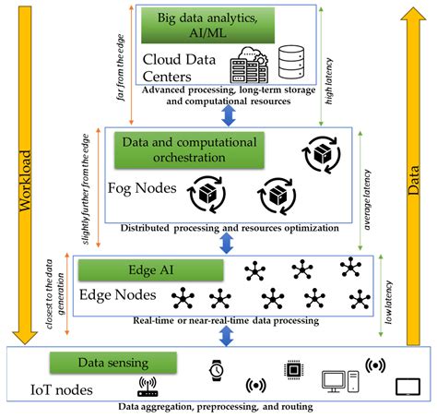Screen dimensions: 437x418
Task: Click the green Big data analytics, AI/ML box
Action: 207,25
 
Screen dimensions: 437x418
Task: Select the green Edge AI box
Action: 151,270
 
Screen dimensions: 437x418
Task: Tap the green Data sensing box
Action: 113,363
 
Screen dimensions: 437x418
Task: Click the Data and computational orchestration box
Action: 189,150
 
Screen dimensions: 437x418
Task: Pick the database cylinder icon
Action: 291,62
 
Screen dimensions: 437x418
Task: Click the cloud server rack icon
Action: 249,65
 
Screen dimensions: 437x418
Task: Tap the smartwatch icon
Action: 216,370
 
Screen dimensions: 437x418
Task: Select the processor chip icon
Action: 294,369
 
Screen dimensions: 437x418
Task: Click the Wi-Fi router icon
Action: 148,387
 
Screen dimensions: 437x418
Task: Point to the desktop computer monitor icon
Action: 334,382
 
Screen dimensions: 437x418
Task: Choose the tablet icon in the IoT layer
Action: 407,387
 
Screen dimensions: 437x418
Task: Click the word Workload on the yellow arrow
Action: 25,181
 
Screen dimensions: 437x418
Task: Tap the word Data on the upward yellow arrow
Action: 413,180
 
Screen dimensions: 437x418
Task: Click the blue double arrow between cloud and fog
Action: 229,115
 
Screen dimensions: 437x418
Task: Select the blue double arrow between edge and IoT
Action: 227,336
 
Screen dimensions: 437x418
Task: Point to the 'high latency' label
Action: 329,81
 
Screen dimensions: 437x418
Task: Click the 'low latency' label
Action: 389,302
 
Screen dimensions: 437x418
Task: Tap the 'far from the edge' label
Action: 121,67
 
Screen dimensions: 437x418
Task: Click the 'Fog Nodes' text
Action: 142,188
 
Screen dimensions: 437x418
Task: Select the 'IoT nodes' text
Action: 62,389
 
